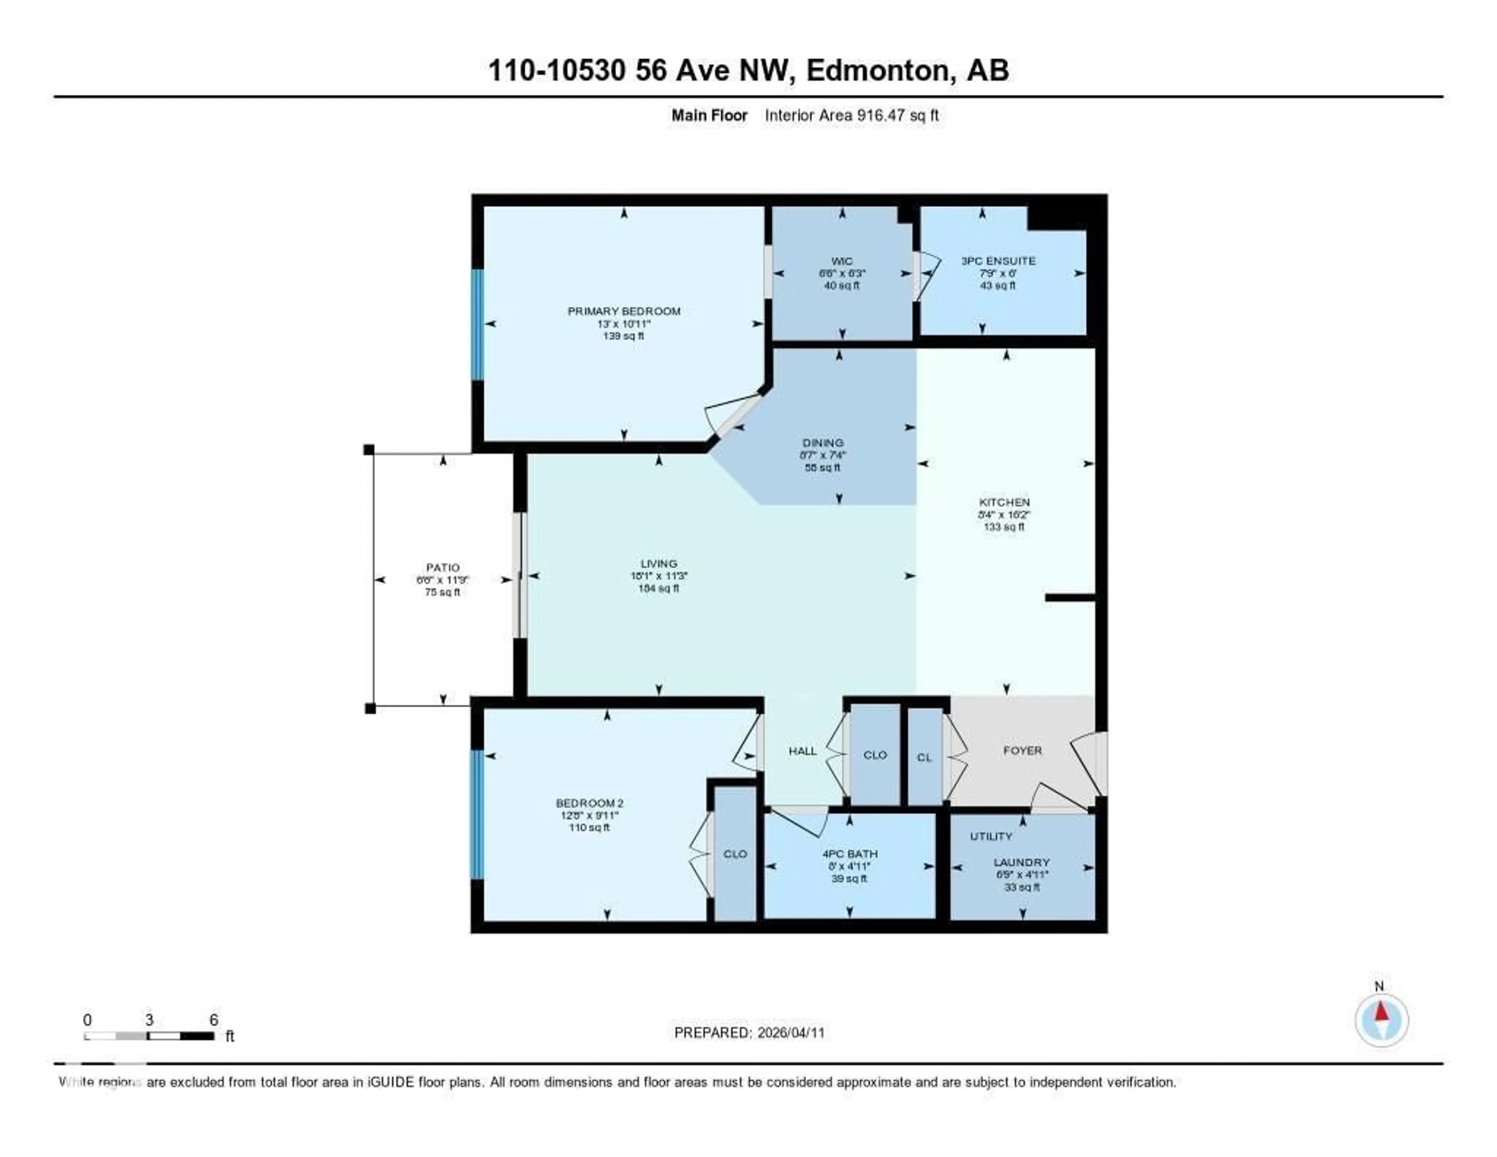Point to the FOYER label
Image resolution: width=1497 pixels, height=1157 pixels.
click(x=1022, y=750)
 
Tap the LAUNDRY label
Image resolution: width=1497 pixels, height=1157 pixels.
click(x=1022, y=862)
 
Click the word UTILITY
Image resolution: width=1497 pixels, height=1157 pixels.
click(x=991, y=836)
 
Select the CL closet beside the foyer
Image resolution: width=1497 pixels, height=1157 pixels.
click(x=924, y=757)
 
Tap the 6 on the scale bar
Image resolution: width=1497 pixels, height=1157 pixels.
click(x=214, y=1020)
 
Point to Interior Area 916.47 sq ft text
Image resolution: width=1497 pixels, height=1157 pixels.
click(x=851, y=115)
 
